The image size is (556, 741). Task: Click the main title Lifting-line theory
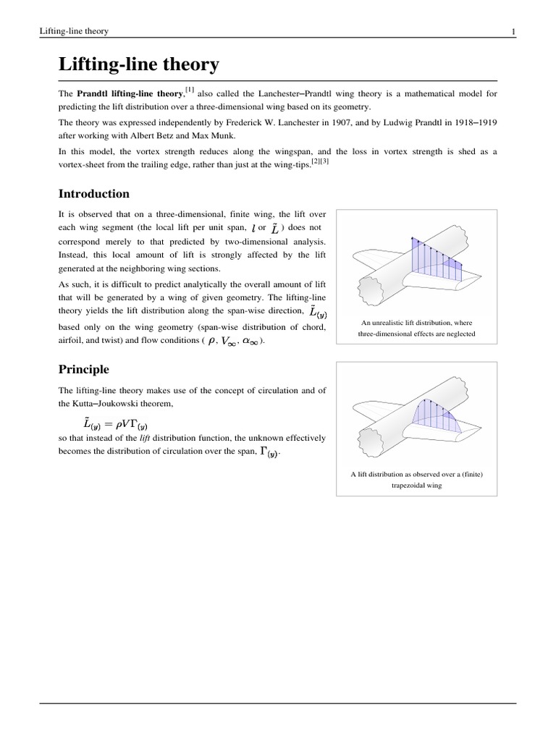point(138,65)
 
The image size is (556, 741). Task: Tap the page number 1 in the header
point(513,31)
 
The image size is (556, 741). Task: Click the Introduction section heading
point(93,194)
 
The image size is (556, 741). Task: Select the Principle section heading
point(83,369)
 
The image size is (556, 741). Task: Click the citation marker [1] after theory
point(189,90)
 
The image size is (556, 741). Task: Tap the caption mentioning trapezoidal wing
point(416,480)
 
